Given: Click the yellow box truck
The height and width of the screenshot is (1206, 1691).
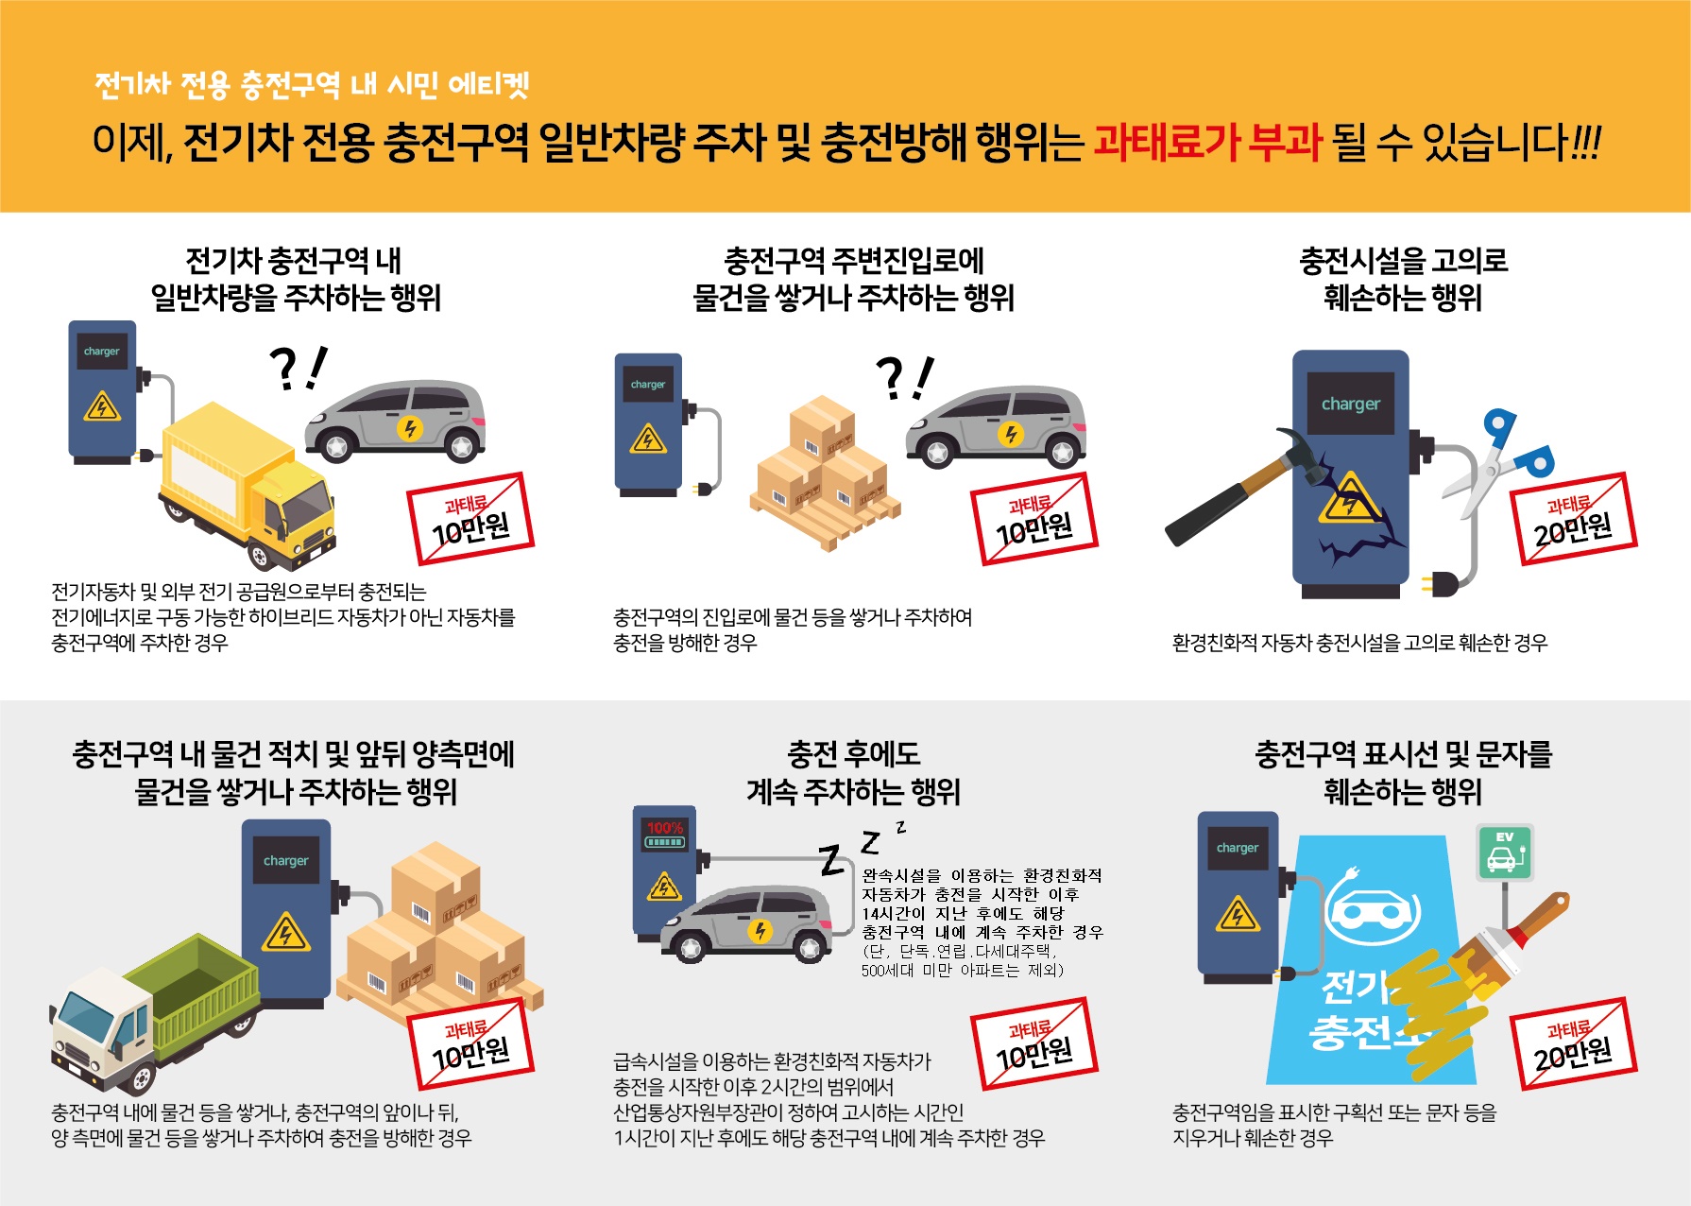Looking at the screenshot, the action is click(x=248, y=487).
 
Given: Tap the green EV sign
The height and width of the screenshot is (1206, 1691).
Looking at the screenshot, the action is click(x=1504, y=852).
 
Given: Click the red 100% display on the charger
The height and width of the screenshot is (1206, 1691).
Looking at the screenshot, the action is click(x=665, y=828).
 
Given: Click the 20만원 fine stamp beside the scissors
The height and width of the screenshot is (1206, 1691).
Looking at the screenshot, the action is click(x=1573, y=520).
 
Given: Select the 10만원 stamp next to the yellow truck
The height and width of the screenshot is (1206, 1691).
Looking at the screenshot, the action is click(x=470, y=520).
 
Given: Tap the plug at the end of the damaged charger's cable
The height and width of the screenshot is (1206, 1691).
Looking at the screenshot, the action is click(x=1440, y=583).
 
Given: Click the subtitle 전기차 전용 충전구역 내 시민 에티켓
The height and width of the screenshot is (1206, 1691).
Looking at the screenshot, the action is click(x=312, y=85).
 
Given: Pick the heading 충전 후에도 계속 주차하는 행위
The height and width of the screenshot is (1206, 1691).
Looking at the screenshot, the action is click(x=853, y=772).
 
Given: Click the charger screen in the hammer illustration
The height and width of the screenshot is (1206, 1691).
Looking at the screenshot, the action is click(x=1350, y=404).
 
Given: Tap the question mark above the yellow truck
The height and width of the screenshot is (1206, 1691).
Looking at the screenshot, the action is click(x=283, y=369).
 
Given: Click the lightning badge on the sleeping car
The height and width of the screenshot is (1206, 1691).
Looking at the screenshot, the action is click(x=760, y=931).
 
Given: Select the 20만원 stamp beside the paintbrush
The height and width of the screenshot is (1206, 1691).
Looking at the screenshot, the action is click(x=1573, y=1044).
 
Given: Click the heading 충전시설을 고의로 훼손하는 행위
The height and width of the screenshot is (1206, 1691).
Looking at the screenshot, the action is click(x=1403, y=279).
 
